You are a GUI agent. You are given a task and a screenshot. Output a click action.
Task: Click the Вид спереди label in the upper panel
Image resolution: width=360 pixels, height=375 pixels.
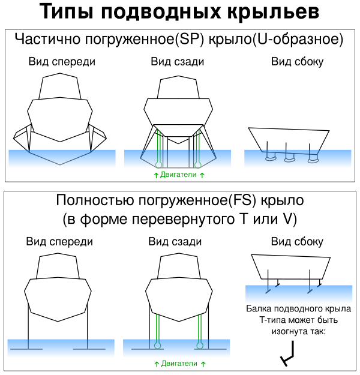pyautogui.click(x=62, y=62)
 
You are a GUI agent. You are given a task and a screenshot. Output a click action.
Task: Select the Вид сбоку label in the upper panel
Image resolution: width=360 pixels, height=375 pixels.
pyautogui.click(x=297, y=62)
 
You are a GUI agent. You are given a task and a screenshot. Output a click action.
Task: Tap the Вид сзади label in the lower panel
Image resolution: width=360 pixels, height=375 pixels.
pyautogui.click(x=175, y=242)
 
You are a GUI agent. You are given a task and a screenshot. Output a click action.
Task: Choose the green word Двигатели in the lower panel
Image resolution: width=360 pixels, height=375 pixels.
pyautogui.click(x=179, y=364)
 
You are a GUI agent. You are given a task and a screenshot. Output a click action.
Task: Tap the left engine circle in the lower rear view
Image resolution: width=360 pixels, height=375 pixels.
pyautogui.click(x=157, y=346)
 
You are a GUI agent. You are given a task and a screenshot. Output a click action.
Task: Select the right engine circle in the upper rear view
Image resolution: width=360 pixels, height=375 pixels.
pyautogui.click(x=198, y=164)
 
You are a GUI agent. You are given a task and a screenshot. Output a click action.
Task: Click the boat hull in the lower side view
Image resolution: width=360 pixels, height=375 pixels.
pyautogui.click(x=291, y=268)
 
